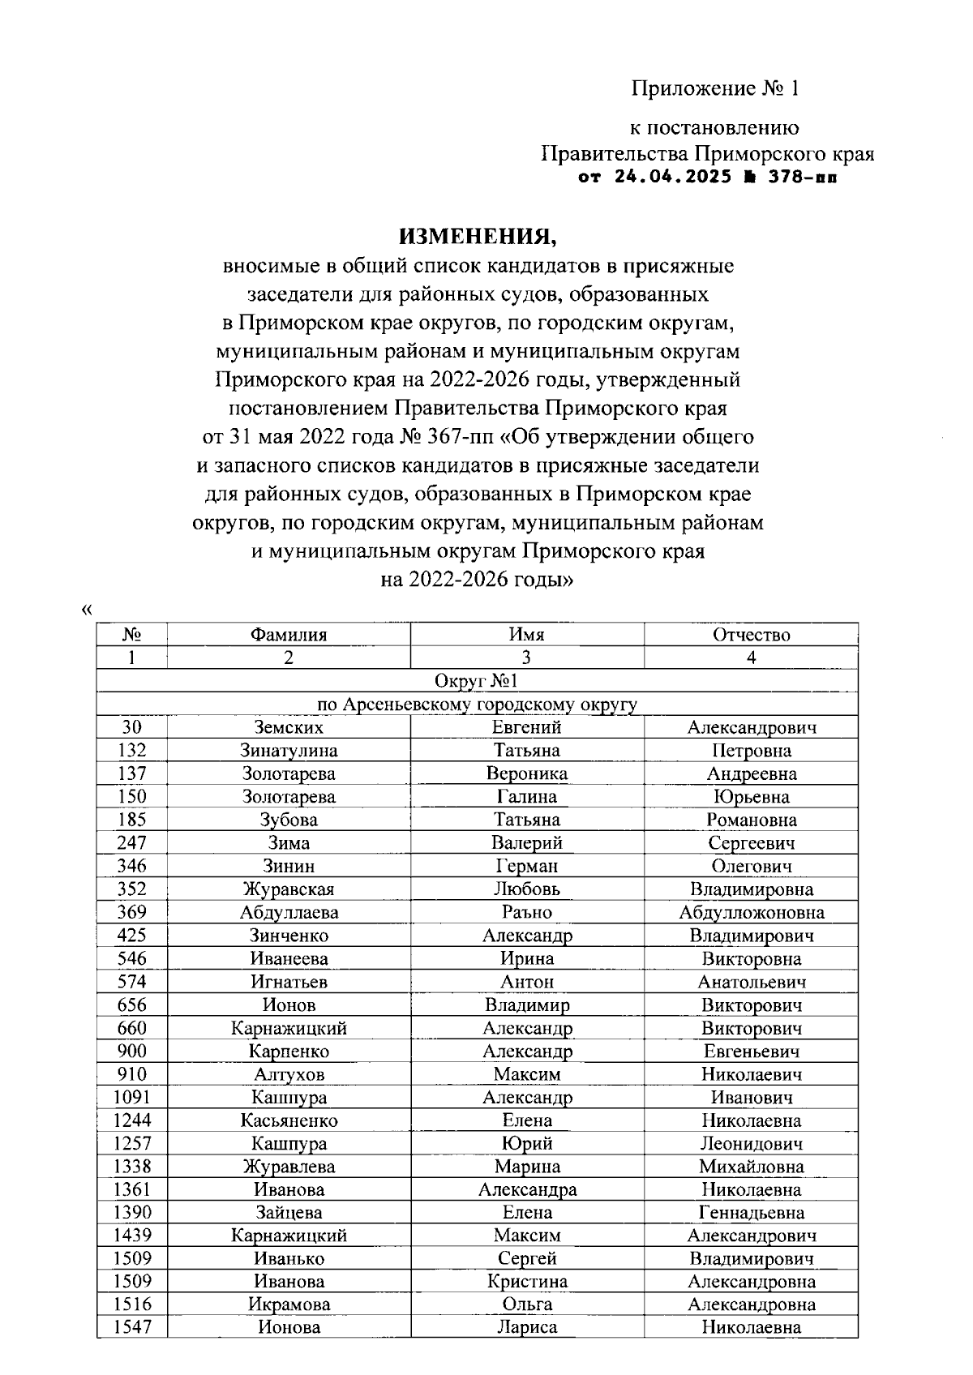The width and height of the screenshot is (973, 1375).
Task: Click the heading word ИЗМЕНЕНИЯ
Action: [478, 237]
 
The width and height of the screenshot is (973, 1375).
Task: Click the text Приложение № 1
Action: [715, 88]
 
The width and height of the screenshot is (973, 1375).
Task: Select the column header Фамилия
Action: [288, 635]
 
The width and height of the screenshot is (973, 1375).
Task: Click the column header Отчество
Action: [751, 635]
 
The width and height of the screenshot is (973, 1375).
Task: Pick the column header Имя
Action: [527, 635]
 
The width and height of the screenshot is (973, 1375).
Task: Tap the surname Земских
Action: [288, 727]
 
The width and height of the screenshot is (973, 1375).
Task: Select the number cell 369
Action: [131, 912]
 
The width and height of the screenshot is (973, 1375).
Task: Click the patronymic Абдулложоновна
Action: [751, 913]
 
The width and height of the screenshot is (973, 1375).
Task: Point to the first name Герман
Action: [527, 866]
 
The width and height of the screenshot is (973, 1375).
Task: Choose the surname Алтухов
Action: [288, 1075]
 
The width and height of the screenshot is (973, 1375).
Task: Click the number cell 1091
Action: [131, 1098]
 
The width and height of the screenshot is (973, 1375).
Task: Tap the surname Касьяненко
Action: [288, 1121]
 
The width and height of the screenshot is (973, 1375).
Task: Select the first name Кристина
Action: [527, 1282]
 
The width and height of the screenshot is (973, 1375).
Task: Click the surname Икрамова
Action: [288, 1304]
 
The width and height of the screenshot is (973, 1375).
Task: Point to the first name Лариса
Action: [527, 1328]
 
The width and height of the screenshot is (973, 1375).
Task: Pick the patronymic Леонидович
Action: [751, 1144]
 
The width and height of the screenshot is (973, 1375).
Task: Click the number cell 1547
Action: [131, 1328]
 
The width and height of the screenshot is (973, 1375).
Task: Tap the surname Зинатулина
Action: [288, 751]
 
